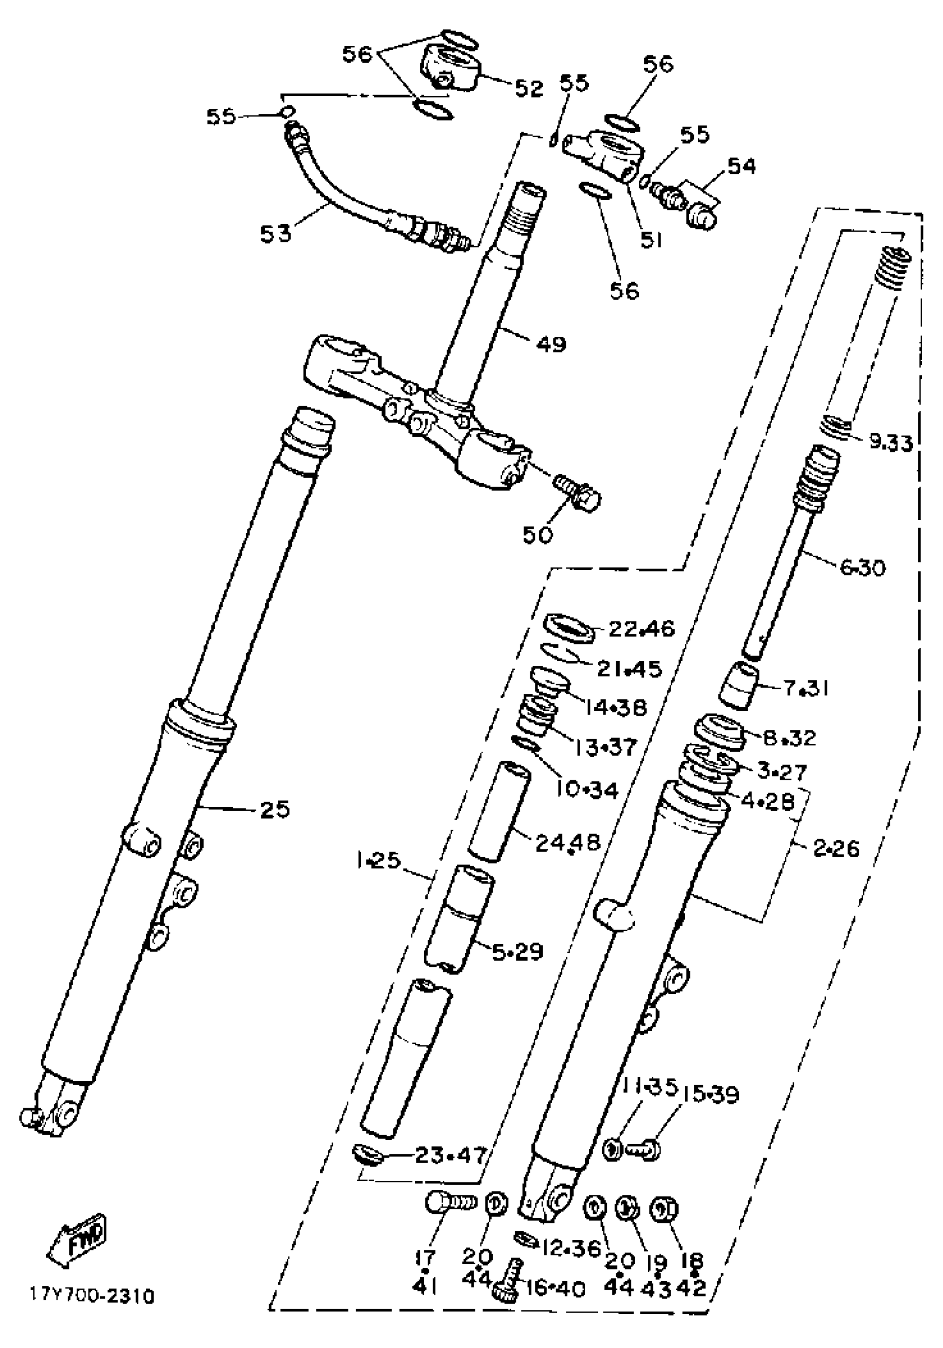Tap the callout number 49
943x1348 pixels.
[551, 344]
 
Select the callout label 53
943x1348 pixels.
[275, 233]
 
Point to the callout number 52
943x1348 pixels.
[529, 88]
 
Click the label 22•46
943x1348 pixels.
[641, 629]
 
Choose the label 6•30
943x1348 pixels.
[862, 568]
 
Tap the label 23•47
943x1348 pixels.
[450, 1155]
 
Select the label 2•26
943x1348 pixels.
[835, 848]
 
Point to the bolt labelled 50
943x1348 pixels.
[577, 493]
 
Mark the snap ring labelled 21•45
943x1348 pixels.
[560, 652]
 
